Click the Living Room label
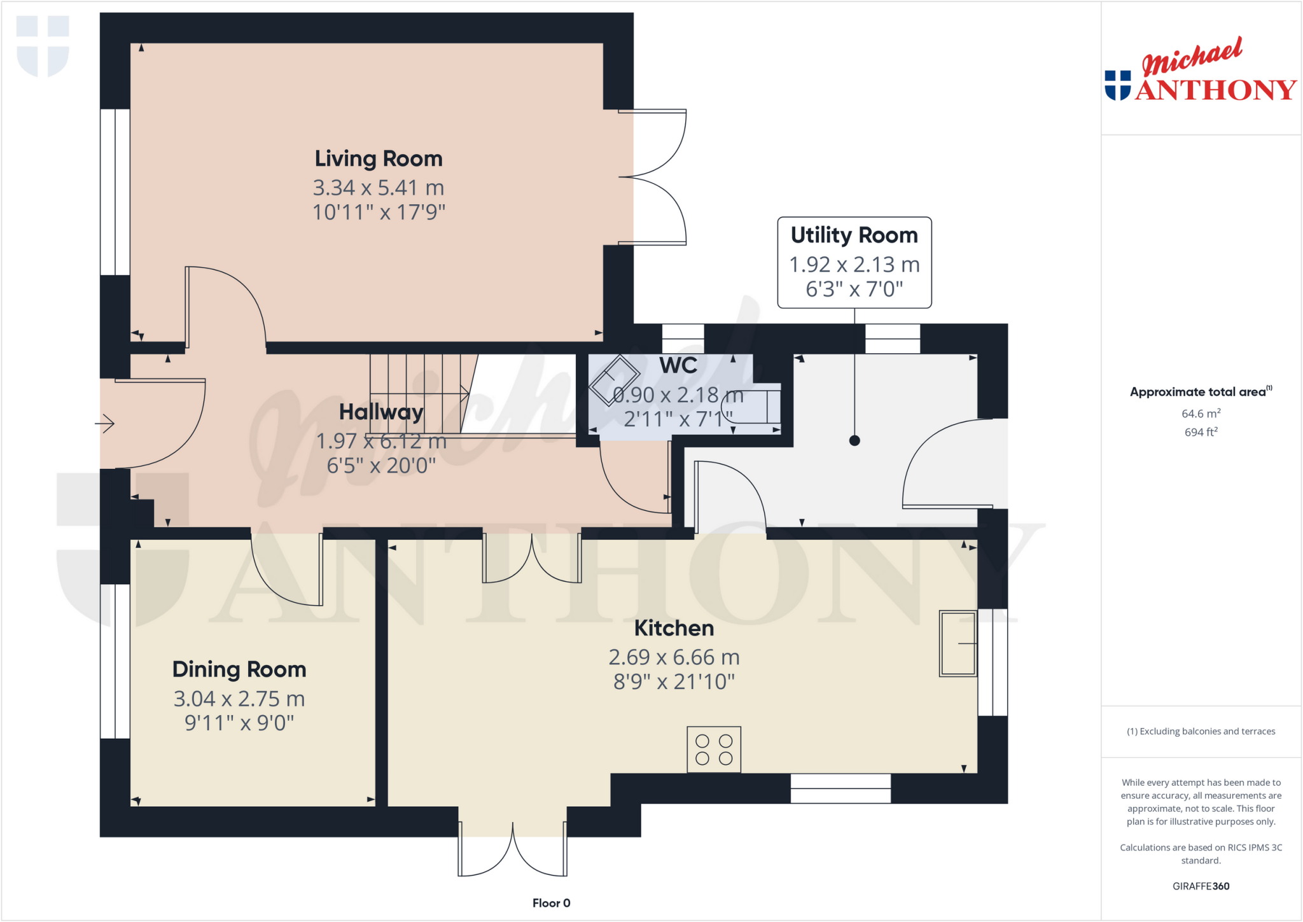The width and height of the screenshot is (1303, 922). (379, 158)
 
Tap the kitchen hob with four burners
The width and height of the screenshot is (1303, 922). (714, 750)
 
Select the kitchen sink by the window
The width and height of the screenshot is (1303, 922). (958, 643)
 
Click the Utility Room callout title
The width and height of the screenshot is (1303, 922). (854, 235)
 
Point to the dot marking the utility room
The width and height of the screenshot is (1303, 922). (854, 440)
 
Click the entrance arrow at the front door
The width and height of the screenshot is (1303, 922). (105, 423)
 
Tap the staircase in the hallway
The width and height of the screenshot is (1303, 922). (417, 391)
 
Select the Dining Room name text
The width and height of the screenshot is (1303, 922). (239, 669)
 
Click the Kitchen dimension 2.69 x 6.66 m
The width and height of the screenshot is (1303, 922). (674, 657)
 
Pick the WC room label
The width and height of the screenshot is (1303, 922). (678, 366)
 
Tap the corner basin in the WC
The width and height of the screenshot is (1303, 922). (614, 382)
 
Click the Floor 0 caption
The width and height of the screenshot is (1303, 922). (551, 903)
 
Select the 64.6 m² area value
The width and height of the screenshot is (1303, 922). (1201, 414)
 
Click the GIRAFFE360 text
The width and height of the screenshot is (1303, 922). (1201, 886)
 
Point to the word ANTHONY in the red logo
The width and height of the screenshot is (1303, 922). (1215, 90)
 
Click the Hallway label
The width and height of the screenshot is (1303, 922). (381, 412)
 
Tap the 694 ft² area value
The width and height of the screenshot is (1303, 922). (1201, 432)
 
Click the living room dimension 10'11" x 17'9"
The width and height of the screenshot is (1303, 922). (379, 212)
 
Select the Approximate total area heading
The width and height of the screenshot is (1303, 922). (1198, 392)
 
